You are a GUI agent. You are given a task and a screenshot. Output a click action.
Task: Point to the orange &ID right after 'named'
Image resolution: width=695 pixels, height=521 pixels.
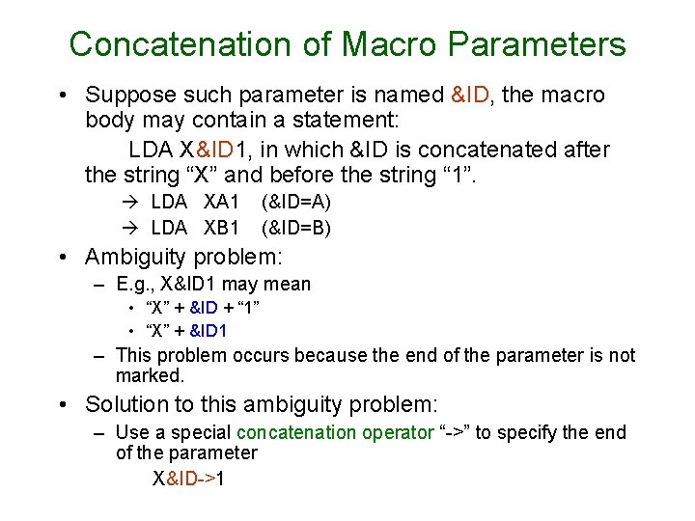[x=472, y=95]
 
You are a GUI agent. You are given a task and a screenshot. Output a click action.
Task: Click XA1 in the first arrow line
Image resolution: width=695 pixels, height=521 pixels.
[x=221, y=203]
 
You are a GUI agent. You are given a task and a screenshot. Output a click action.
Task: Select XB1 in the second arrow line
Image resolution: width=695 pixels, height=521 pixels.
[x=221, y=228]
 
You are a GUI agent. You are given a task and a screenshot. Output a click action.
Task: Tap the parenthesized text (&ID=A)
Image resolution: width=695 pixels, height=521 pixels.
[x=296, y=203]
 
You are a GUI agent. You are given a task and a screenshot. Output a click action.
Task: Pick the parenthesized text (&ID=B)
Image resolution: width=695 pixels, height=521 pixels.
[x=296, y=228]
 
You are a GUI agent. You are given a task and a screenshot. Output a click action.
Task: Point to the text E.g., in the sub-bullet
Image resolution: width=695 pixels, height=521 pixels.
[x=136, y=284]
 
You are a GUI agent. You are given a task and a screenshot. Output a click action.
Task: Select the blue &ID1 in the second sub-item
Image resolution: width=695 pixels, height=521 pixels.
[x=208, y=331]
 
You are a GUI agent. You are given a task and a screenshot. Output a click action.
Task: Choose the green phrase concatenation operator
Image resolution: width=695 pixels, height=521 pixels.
[x=335, y=432]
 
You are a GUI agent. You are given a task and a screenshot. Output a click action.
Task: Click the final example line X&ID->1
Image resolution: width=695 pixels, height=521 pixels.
[x=188, y=478]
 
